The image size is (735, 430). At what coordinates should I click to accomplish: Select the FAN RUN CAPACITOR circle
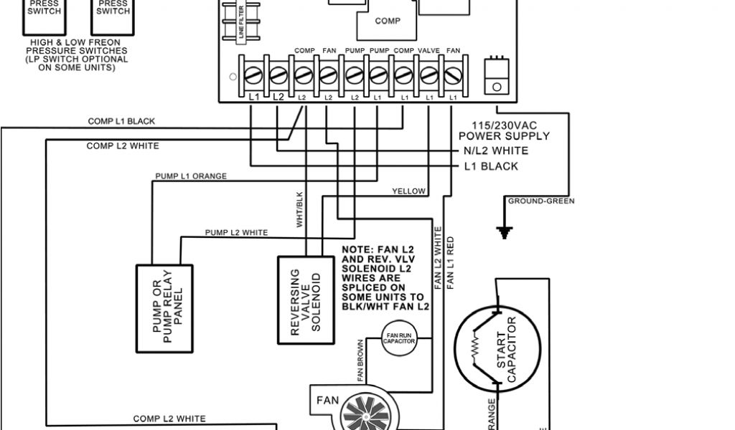pos(400,338)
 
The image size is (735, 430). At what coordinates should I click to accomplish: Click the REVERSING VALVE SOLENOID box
pos(304,300)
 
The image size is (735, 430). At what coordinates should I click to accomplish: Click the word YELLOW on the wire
pos(408,191)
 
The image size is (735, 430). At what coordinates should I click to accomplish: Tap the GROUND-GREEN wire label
pos(540,201)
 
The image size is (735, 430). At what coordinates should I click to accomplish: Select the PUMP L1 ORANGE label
pos(191,176)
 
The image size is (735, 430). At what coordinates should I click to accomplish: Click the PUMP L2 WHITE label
pos(236,232)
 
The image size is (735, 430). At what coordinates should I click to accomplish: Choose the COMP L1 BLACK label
pos(121,122)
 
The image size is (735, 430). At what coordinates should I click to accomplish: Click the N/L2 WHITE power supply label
pos(495,150)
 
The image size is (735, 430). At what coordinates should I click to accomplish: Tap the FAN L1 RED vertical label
pos(451,262)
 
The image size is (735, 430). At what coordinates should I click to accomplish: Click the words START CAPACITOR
pos(511,354)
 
